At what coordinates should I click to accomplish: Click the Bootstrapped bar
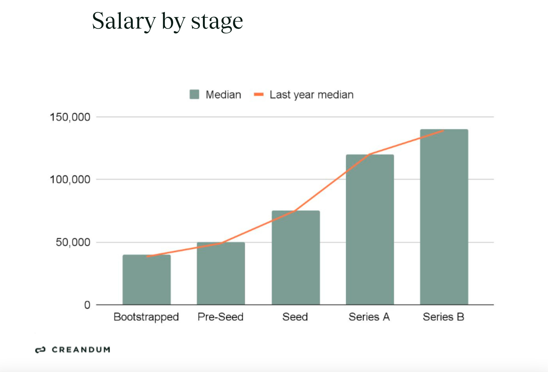point(146,280)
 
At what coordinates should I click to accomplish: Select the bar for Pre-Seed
point(221,274)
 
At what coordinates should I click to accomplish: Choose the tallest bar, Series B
point(444,217)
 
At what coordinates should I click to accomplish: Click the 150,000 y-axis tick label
point(70,117)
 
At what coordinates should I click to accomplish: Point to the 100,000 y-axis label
point(70,180)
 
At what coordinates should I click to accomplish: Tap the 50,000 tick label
point(73,242)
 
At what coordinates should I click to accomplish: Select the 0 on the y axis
point(87,305)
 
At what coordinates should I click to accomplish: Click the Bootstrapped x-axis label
point(146,317)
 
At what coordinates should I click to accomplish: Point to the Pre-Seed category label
point(221,317)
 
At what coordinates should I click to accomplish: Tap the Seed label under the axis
point(295,317)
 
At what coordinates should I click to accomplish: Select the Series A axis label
point(369,317)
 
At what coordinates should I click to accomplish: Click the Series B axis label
point(444,317)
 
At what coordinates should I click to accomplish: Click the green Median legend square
point(194,95)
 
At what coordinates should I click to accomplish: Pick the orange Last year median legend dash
point(259,95)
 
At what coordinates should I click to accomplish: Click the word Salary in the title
point(124,21)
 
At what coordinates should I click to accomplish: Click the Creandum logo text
point(81,350)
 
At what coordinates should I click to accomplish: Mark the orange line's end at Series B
point(443,131)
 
